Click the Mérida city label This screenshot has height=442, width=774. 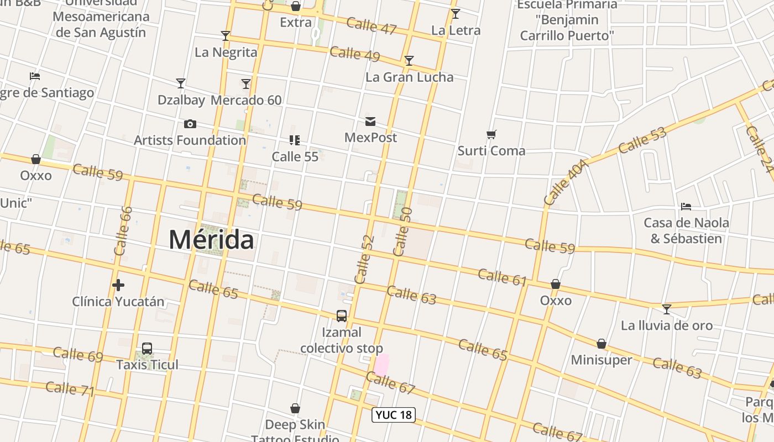211,240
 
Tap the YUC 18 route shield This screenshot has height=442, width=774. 394,415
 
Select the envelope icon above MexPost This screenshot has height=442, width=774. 370,122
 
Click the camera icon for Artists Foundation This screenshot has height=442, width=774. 190,124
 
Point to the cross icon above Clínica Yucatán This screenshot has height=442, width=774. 118,285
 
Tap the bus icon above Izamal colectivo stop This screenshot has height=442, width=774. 342,316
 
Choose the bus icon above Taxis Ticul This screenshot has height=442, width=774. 147,349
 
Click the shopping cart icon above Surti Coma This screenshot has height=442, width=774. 491,134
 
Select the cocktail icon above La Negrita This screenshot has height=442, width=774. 226,36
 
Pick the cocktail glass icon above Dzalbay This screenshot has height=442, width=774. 181,83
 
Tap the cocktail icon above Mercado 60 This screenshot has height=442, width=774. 246,84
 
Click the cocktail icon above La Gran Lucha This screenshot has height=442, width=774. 409,61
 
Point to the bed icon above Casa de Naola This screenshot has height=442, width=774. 686,207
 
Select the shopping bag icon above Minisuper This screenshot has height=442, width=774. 602,344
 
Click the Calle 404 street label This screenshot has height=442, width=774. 566,182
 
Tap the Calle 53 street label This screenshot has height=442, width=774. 642,140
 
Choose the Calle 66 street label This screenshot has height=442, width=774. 123,231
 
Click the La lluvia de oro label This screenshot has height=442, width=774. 667,325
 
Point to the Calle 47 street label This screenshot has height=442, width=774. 372,25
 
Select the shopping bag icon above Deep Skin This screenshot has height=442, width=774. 295,409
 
